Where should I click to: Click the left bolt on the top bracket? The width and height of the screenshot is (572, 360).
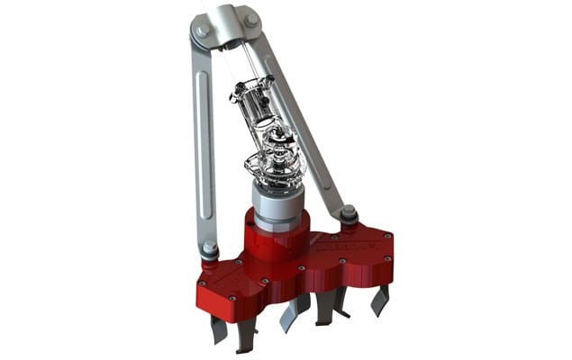202,30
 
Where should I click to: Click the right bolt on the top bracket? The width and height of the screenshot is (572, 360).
251,21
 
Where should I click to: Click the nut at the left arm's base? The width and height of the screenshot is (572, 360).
210,248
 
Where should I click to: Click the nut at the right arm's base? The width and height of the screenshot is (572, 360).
349,215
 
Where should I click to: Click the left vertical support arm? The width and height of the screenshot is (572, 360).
204,144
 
